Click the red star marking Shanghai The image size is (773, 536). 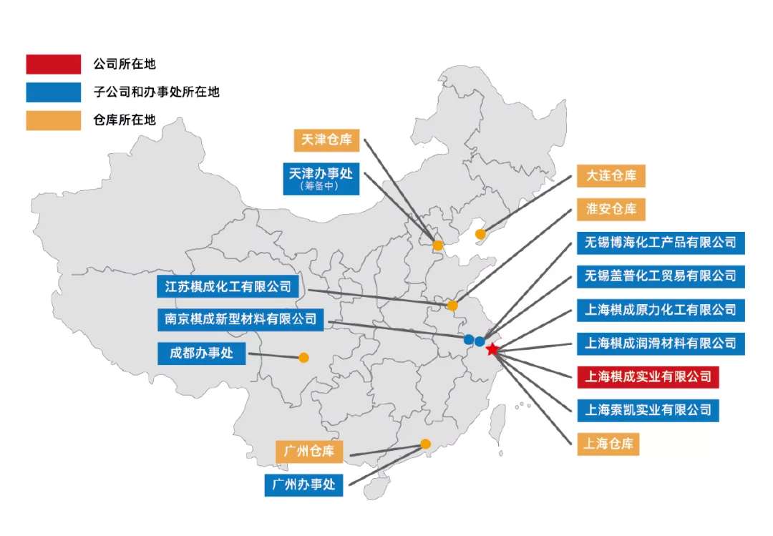click(x=492, y=350)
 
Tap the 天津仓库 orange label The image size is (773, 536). click(x=326, y=140)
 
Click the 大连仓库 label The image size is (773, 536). click(x=611, y=175)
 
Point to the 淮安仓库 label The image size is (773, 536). click(x=611, y=209)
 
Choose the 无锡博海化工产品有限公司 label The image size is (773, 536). click(x=660, y=242)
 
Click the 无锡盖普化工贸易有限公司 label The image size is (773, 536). click(x=660, y=276)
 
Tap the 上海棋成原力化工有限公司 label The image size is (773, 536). click(x=660, y=310)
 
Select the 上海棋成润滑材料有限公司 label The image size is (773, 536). click(x=660, y=343)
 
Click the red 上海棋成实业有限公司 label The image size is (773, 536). click(x=648, y=376)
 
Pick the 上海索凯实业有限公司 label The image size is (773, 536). click(x=648, y=410)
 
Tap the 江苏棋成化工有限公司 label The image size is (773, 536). click(x=228, y=287)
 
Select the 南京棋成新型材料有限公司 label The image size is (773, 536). click(x=240, y=320)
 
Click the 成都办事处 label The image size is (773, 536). click(x=201, y=354)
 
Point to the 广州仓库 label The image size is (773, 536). click(x=308, y=452)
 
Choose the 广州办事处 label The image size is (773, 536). click(x=303, y=484)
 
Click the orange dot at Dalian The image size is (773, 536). click(x=480, y=234)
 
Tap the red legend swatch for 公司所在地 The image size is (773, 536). click(x=53, y=64)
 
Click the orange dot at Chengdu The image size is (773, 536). click(x=303, y=357)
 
